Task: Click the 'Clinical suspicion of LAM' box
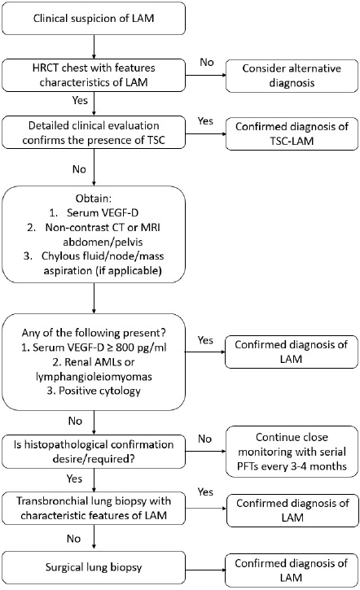[x=94, y=19]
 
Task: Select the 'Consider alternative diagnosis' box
[x=292, y=76]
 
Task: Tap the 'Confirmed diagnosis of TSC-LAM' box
[x=292, y=133]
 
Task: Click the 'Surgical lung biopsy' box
[x=94, y=567]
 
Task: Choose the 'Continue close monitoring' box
[x=292, y=452]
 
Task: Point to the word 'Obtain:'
[x=94, y=199]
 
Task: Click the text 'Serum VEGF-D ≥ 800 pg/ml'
[x=99, y=347]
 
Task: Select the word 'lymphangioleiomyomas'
[x=94, y=376]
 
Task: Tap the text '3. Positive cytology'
[x=94, y=391]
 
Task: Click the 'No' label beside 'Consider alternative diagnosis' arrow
[x=207, y=62]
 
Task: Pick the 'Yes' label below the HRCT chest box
[x=80, y=100]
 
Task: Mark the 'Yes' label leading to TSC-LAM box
[x=205, y=121]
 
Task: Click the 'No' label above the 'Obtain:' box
[x=79, y=169]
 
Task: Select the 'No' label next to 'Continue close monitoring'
[x=205, y=439]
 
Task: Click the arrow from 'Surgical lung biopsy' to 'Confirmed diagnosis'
[x=205, y=567]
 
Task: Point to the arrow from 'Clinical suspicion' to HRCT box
[x=94, y=46]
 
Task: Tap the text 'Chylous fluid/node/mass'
[x=103, y=256]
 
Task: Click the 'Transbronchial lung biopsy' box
[x=94, y=508]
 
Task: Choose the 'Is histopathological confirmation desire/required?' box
[x=94, y=452]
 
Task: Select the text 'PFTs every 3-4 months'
[x=292, y=466]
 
